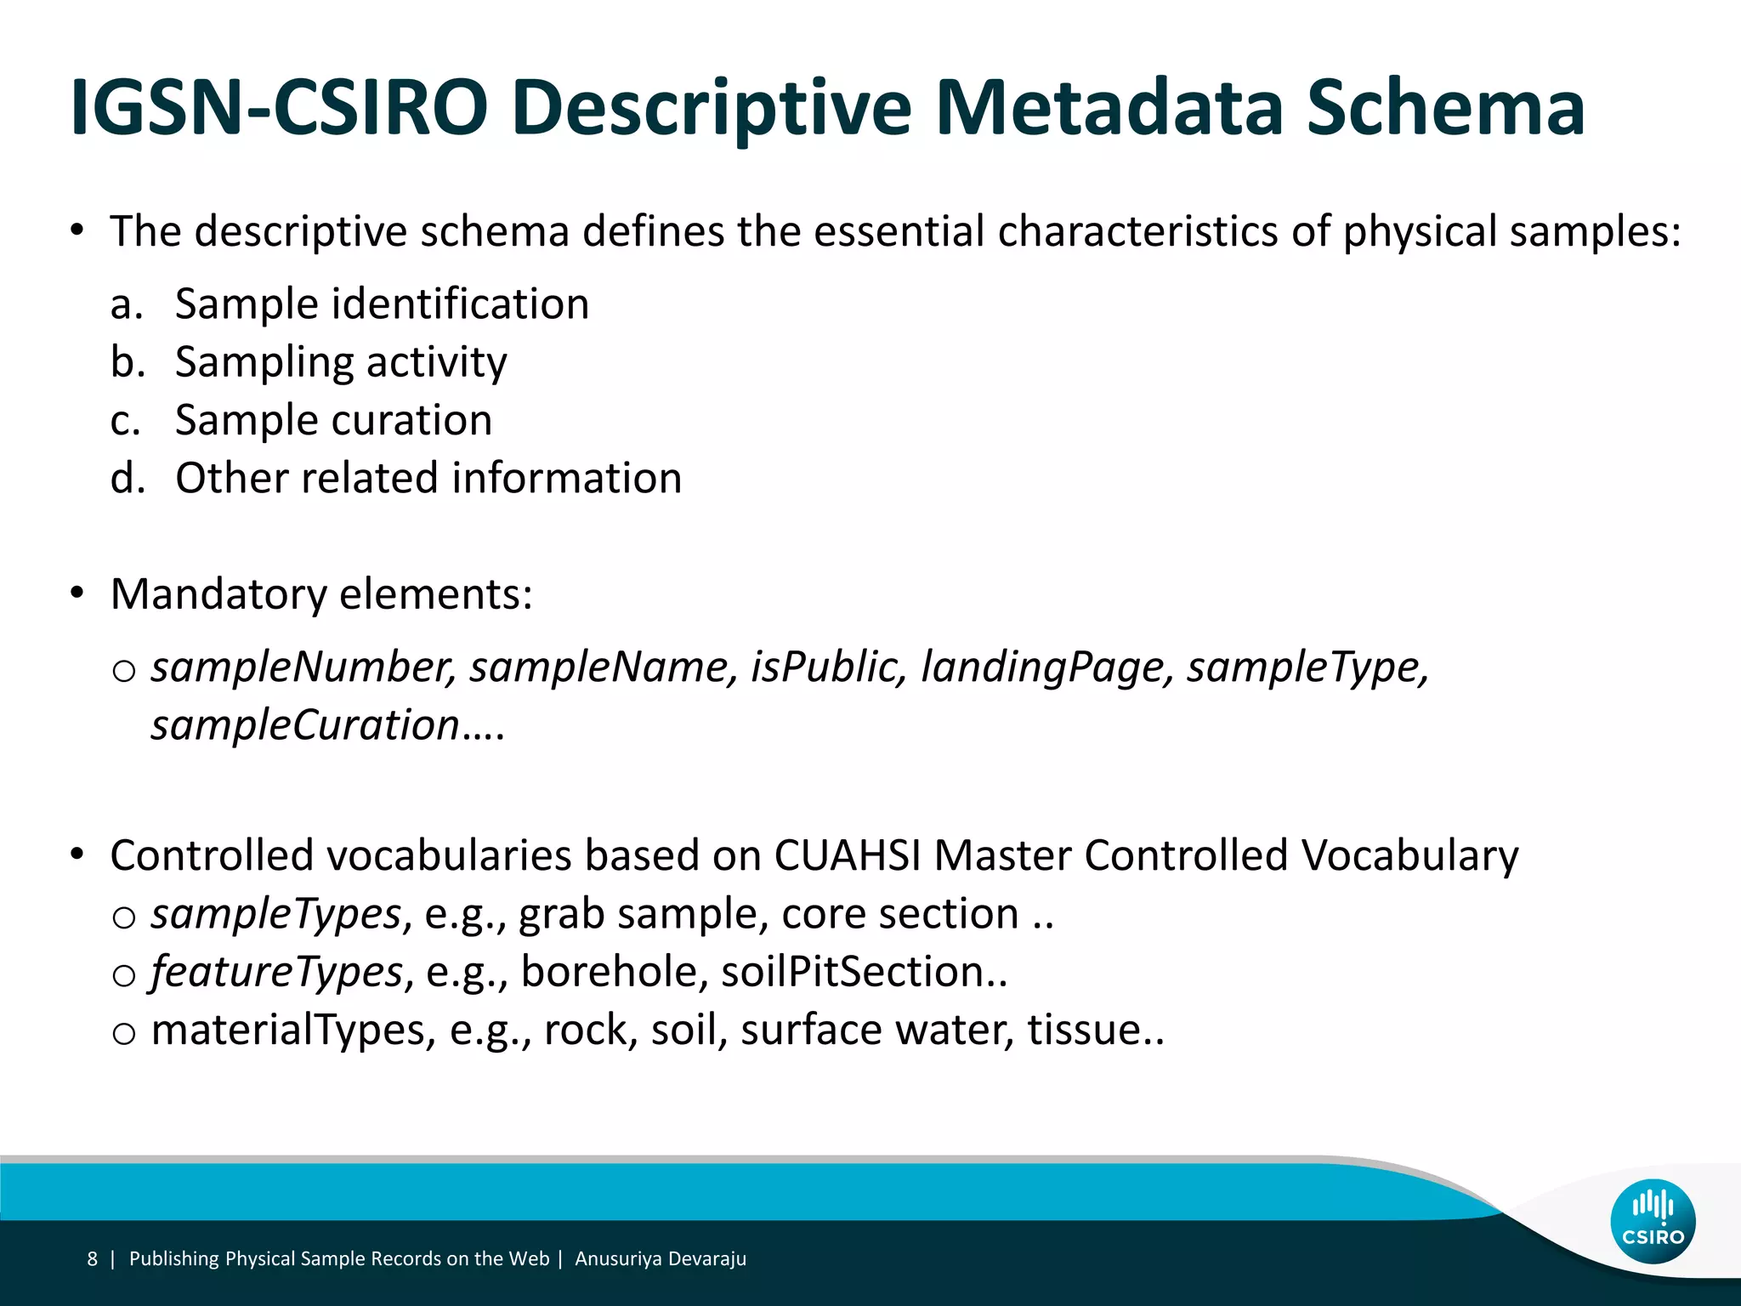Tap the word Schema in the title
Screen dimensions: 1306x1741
(x=1445, y=108)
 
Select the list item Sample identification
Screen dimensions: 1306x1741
(x=382, y=304)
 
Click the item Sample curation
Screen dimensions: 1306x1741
(x=333, y=420)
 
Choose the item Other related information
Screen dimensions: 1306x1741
(x=428, y=478)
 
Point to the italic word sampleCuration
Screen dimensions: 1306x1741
(x=306, y=725)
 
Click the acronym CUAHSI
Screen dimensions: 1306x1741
(x=848, y=855)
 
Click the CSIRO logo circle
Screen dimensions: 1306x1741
(x=1653, y=1222)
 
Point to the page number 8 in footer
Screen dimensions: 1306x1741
(x=92, y=1259)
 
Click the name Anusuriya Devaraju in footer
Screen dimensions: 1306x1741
(x=661, y=1259)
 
